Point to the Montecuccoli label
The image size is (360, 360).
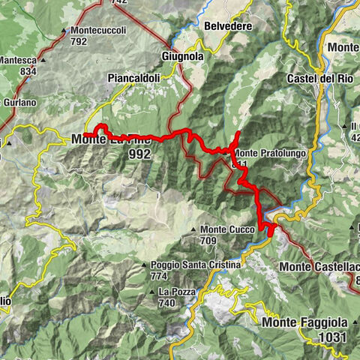click(x=99, y=31)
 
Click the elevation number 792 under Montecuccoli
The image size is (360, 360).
click(x=80, y=42)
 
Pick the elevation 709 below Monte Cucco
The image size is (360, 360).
click(x=208, y=241)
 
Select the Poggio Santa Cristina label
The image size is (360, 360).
click(x=195, y=265)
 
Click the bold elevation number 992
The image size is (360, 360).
click(x=139, y=154)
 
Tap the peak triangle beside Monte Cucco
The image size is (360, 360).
click(x=194, y=229)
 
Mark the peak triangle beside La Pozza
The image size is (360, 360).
click(x=153, y=292)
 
